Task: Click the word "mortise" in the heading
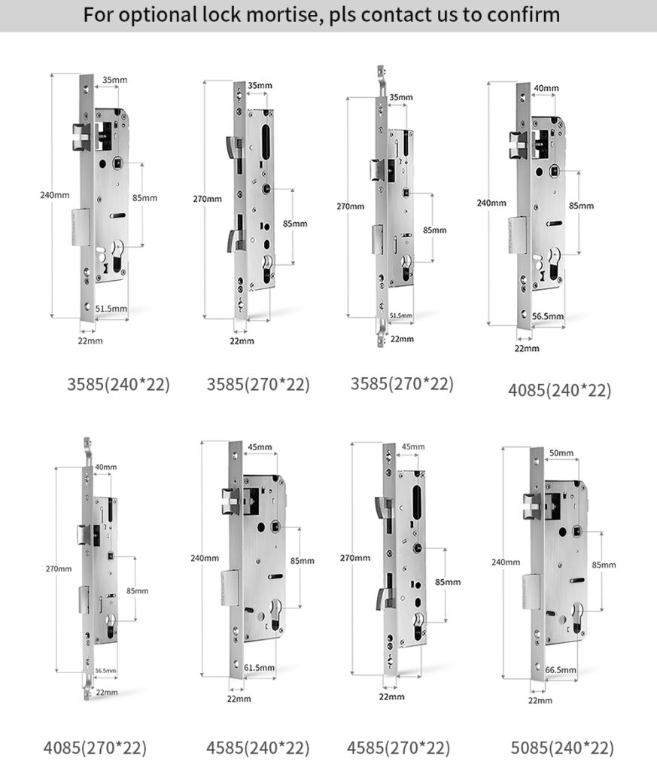pos(287,14)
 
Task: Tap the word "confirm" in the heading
pos(519,14)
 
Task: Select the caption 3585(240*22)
pos(118,384)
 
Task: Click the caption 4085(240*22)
pos(559,390)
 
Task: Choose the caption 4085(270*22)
pos(94,748)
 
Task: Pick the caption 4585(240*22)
pos(258,748)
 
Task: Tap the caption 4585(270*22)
pos(398,748)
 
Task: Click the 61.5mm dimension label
pos(260,667)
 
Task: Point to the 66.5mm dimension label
pos(561,669)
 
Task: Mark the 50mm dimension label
pos(561,453)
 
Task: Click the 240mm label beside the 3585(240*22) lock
pos(54,195)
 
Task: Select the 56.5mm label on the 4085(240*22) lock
pos(548,316)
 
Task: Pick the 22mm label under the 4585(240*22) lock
pos(239,699)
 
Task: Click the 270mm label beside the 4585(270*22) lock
pos(355,557)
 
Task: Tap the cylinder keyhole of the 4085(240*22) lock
pos(555,266)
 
